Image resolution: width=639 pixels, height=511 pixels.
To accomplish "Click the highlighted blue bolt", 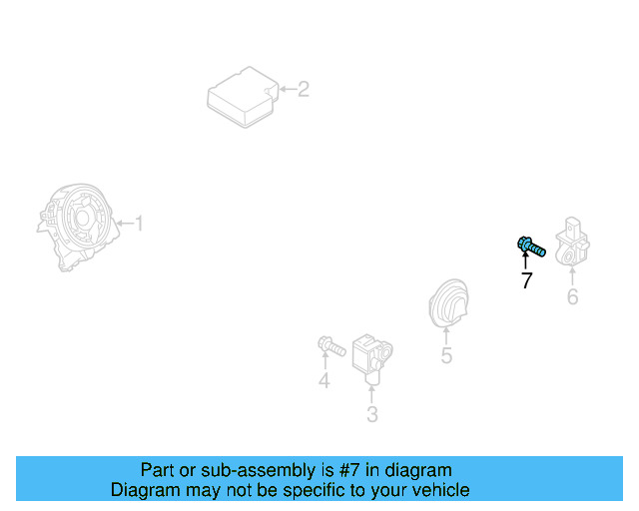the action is coord(531,247).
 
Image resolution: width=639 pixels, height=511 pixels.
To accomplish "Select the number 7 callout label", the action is coord(526,280).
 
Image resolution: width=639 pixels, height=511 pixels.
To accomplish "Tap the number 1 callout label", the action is coord(140,224).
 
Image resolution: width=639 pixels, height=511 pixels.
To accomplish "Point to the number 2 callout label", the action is coord(304,89).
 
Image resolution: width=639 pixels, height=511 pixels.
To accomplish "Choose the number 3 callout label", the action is coord(372,414).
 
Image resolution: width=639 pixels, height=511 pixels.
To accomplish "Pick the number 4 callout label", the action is coord(323,380).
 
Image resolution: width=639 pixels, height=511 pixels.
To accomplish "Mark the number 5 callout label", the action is coord(446,355).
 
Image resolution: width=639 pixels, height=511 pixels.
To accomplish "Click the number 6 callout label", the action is coord(572,296).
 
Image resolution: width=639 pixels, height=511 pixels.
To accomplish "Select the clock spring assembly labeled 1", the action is coord(78,227).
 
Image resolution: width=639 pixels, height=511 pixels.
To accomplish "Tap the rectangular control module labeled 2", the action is coord(243,97).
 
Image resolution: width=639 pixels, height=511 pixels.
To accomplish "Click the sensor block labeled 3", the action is coord(372,358).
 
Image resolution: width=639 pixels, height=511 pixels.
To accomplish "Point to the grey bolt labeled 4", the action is coord(331,346).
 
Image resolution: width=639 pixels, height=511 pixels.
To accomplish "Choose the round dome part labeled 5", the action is coord(448,303).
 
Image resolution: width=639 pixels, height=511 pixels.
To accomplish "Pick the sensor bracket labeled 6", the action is coord(572,242).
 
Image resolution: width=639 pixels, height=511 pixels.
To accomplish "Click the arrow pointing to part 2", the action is coord(288,89).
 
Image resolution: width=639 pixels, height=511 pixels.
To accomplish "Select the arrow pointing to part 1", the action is coord(125,223).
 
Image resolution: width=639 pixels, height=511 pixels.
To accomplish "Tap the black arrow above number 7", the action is coord(525,260).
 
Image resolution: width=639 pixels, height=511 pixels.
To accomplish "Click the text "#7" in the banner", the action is coord(348,470).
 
